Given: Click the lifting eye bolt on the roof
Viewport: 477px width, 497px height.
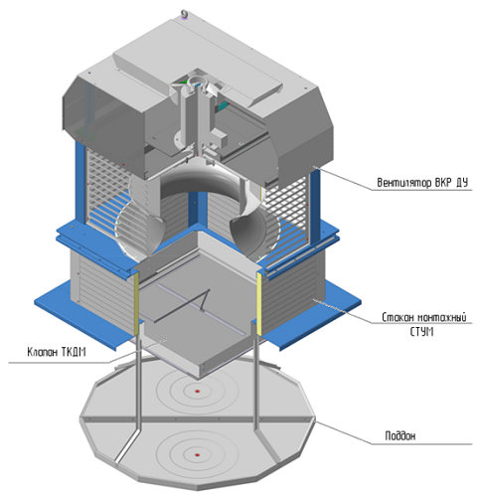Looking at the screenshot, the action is click(x=184, y=14).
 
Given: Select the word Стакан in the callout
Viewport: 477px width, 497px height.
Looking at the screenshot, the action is click(x=397, y=317).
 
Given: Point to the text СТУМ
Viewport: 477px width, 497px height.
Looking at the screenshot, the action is click(x=421, y=332).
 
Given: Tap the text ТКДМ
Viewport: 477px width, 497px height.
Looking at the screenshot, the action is click(x=74, y=352).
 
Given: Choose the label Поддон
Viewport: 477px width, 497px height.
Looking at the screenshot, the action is click(x=400, y=435).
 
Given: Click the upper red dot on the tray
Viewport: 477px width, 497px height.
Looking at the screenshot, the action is click(x=198, y=392).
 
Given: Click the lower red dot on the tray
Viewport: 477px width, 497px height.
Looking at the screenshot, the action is click(x=198, y=455).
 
